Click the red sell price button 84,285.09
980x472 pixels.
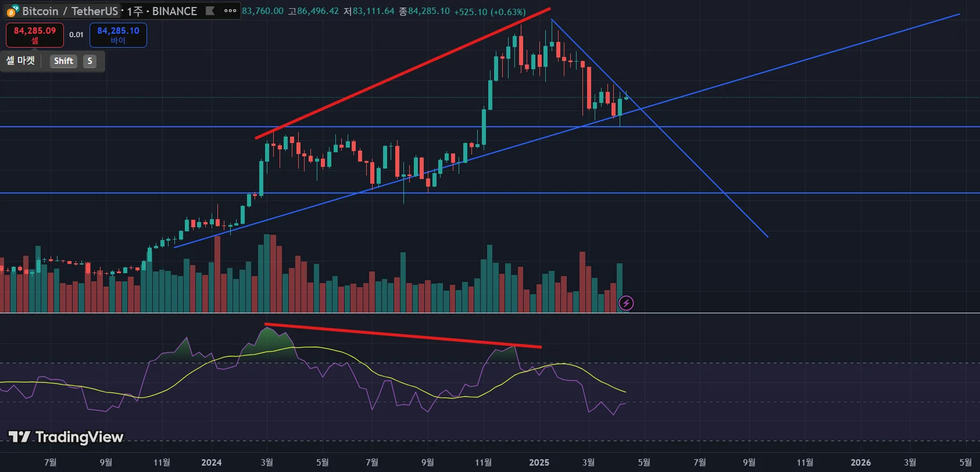(35, 35)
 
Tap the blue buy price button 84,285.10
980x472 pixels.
(118, 35)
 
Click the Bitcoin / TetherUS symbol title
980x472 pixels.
(70, 11)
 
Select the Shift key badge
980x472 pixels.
(63, 61)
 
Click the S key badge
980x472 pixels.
(90, 61)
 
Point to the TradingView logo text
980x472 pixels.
(66, 437)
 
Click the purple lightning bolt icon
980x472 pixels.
(626, 303)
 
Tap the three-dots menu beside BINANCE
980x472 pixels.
(230, 10)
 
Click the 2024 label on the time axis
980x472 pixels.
(211, 463)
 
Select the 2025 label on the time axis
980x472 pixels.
(539, 463)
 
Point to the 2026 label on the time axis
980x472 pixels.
(860, 463)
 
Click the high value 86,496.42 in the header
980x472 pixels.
(317, 12)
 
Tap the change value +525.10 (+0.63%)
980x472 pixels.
(489, 12)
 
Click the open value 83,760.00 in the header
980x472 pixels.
(263, 12)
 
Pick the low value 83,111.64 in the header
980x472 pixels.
(373, 12)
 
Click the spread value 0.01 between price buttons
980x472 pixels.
(76, 35)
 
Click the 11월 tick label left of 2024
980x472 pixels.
(162, 463)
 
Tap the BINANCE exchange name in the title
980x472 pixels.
(174, 11)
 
